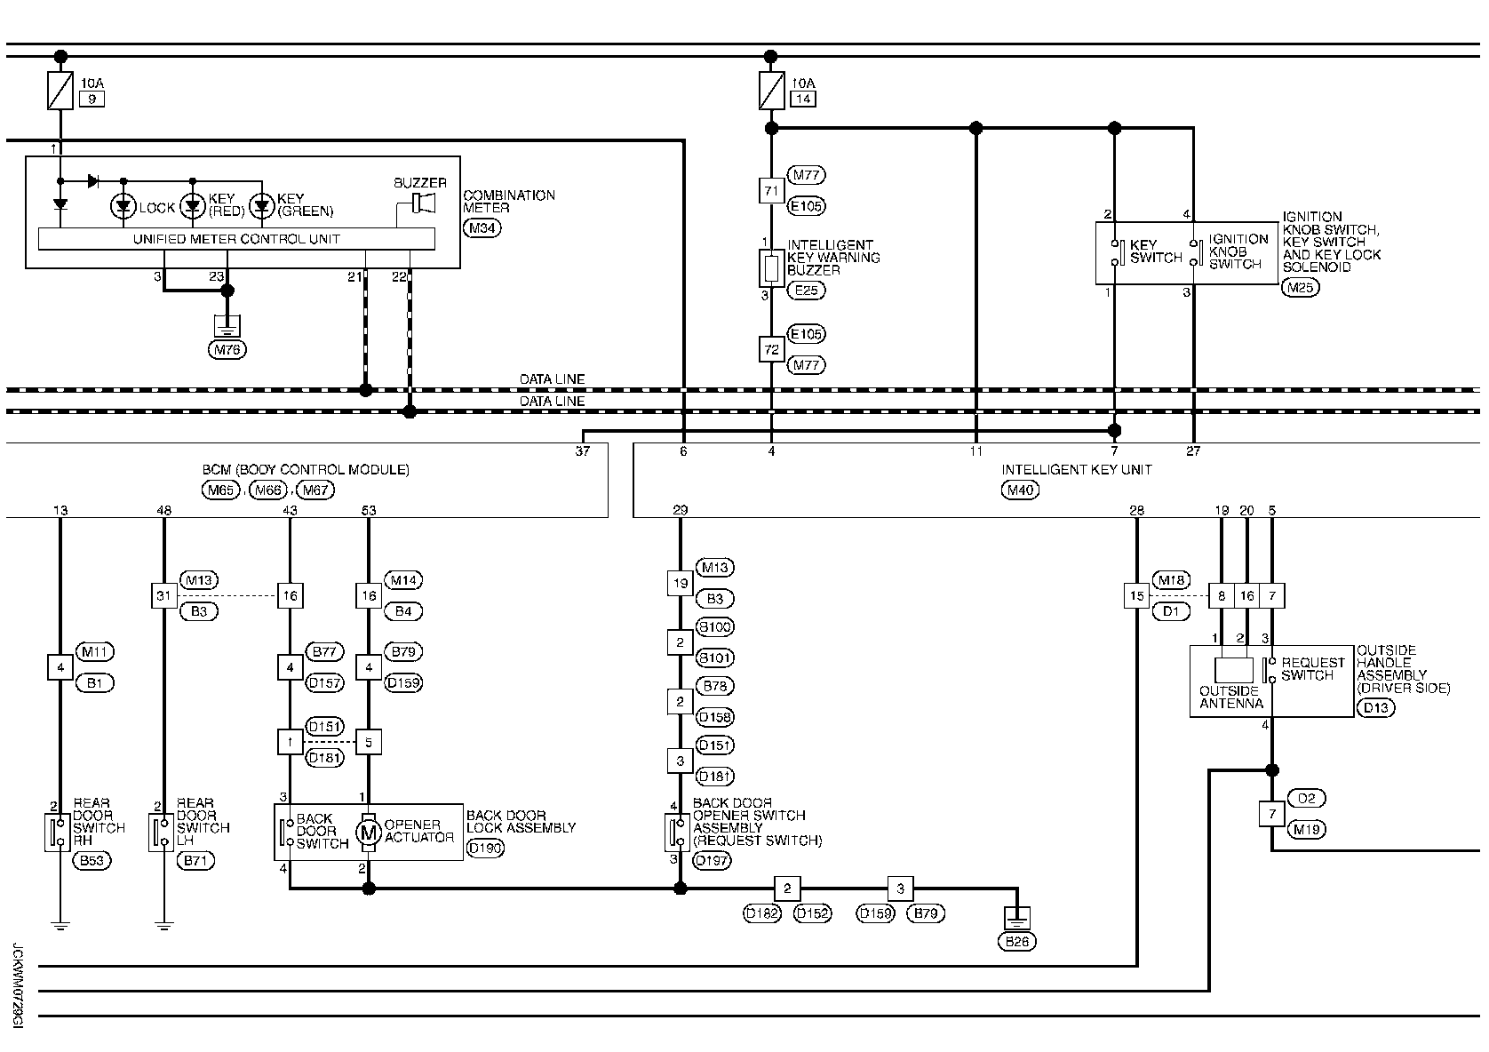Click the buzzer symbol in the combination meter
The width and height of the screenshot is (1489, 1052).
[x=423, y=203]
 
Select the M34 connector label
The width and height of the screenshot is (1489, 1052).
[x=483, y=228]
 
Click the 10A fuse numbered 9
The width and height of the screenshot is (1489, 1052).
[x=60, y=91]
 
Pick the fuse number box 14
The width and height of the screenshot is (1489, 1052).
[x=802, y=99]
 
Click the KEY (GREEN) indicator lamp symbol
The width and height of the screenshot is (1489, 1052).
[x=261, y=207]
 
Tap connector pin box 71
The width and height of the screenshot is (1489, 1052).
[x=770, y=190]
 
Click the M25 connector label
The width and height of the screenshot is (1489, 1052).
[x=1302, y=287]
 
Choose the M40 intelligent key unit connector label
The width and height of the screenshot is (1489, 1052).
[x=1020, y=489]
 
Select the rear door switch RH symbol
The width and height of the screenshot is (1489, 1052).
[x=59, y=832]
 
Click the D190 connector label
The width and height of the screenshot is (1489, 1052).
[x=485, y=848]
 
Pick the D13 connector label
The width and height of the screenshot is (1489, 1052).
[x=1376, y=707]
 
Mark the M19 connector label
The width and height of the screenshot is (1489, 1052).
[x=1306, y=830]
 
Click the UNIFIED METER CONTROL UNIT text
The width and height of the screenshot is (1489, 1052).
[x=236, y=239]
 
